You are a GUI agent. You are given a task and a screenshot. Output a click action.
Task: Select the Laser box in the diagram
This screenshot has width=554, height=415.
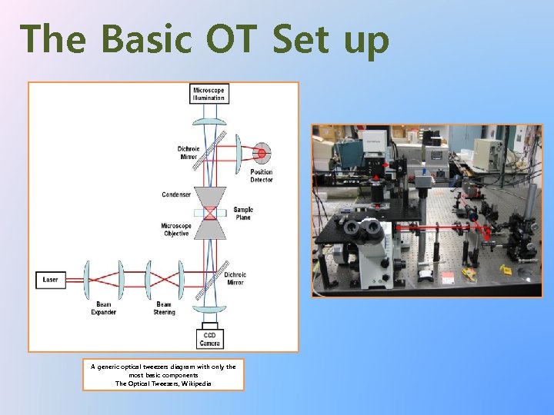pos(50,280)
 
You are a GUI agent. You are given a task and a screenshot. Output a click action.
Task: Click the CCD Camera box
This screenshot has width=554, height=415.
pos(209,338)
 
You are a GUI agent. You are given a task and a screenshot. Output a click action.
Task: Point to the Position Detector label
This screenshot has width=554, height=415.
pos(261,176)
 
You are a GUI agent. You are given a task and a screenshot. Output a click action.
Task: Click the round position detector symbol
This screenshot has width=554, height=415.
pos(262,153)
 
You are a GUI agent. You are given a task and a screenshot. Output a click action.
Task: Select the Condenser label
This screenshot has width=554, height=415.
pos(176,195)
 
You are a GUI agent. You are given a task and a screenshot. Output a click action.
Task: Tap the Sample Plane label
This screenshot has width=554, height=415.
pos(242,214)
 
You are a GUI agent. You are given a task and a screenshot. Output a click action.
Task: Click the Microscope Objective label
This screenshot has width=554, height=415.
pos(176,230)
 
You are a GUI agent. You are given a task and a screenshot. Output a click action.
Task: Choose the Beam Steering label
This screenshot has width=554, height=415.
pos(165,309)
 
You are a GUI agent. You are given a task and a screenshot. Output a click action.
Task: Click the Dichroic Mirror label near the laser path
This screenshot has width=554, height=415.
pos(235,278)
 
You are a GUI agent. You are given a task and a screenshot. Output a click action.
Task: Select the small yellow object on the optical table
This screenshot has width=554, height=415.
pos(505,269)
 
